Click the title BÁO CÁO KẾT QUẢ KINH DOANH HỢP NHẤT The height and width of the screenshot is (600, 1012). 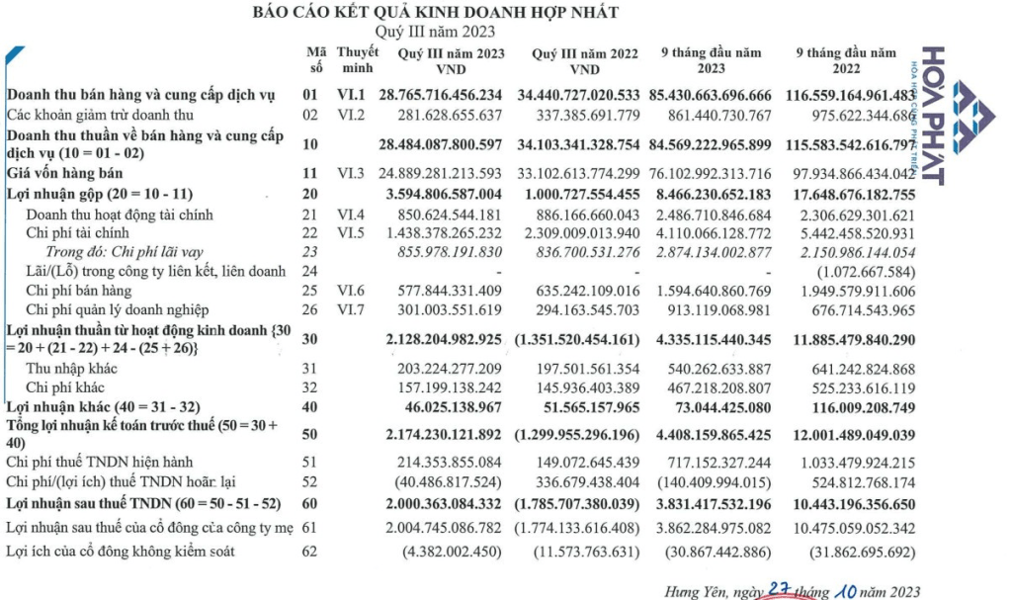coord(436,12)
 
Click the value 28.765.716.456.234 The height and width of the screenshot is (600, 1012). coord(440,95)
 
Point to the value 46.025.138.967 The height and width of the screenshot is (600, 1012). coord(453,406)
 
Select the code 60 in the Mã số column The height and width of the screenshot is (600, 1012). coord(310,503)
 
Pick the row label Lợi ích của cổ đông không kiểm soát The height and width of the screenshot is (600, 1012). coord(121,551)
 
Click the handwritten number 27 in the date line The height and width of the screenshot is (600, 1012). coord(781,588)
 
